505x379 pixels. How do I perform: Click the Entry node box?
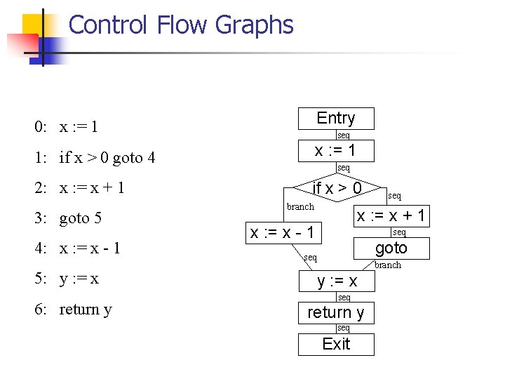point(336,118)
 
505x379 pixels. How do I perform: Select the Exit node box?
point(336,344)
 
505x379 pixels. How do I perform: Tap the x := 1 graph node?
point(336,150)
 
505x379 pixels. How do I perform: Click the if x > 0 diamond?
point(337,188)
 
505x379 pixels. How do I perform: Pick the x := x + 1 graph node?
point(391,215)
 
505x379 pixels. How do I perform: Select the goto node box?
point(391,248)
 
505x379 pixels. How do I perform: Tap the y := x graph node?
point(337,281)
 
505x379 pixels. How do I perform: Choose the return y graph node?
point(336,312)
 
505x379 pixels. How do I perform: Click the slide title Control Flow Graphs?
point(181,25)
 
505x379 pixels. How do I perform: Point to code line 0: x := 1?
point(67,127)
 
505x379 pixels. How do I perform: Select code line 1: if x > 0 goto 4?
point(95,157)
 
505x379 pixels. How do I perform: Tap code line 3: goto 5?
point(69,218)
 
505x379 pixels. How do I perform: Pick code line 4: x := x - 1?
point(77,248)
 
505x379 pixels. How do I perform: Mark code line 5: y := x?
point(67,279)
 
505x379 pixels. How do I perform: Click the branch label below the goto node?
point(387,265)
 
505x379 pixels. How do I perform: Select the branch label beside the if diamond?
point(300,206)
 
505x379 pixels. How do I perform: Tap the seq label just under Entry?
point(343,135)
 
